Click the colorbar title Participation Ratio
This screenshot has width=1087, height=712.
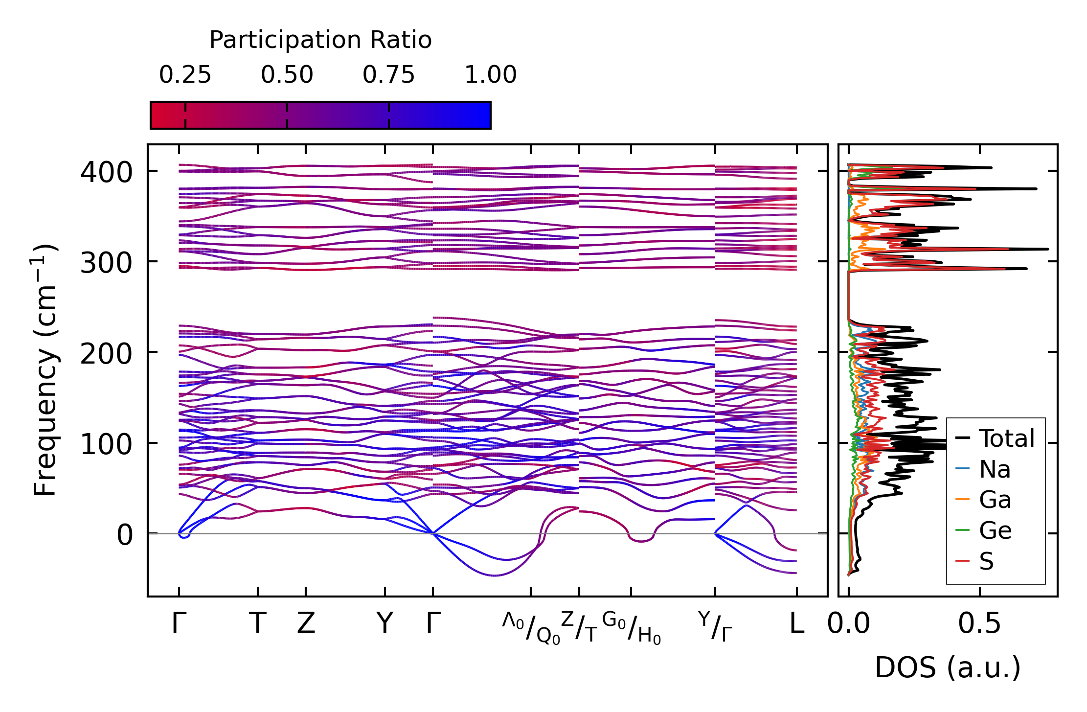pyautogui.click(x=320, y=40)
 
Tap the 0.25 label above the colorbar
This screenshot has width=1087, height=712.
pyautogui.click(x=185, y=75)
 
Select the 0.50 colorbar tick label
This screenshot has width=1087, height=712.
pyautogui.click(x=287, y=75)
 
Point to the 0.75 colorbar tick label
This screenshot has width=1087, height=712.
pyautogui.click(x=388, y=75)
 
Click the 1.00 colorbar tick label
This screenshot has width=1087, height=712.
pyautogui.click(x=490, y=75)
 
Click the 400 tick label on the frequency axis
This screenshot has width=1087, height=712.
pyautogui.click(x=106, y=172)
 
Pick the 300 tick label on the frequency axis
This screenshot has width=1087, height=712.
pyautogui.click(x=106, y=263)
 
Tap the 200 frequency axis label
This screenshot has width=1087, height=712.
pyautogui.click(x=106, y=353)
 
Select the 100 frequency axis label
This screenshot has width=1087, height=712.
pyautogui.click(x=106, y=444)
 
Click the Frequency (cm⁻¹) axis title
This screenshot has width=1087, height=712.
pyautogui.click(x=45, y=369)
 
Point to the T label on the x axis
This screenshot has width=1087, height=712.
pyautogui.click(x=258, y=623)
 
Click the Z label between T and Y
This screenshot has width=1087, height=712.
pyautogui.click(x=306, y=623)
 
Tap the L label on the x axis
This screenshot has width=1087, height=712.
pyautogui.click(x=797, y=623)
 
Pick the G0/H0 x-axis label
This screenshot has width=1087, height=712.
pyautogui.click(x=631, y=628)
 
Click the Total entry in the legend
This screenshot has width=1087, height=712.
pyautogui.click(x=1006, y=438)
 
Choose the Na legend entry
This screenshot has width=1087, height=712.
pyautogui.click(x=995, y=469)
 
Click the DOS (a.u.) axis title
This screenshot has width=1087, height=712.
pyautogui.click(x=948, y=667)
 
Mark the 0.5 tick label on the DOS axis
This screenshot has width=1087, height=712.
pyautogui.click(x=979, y=623)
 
